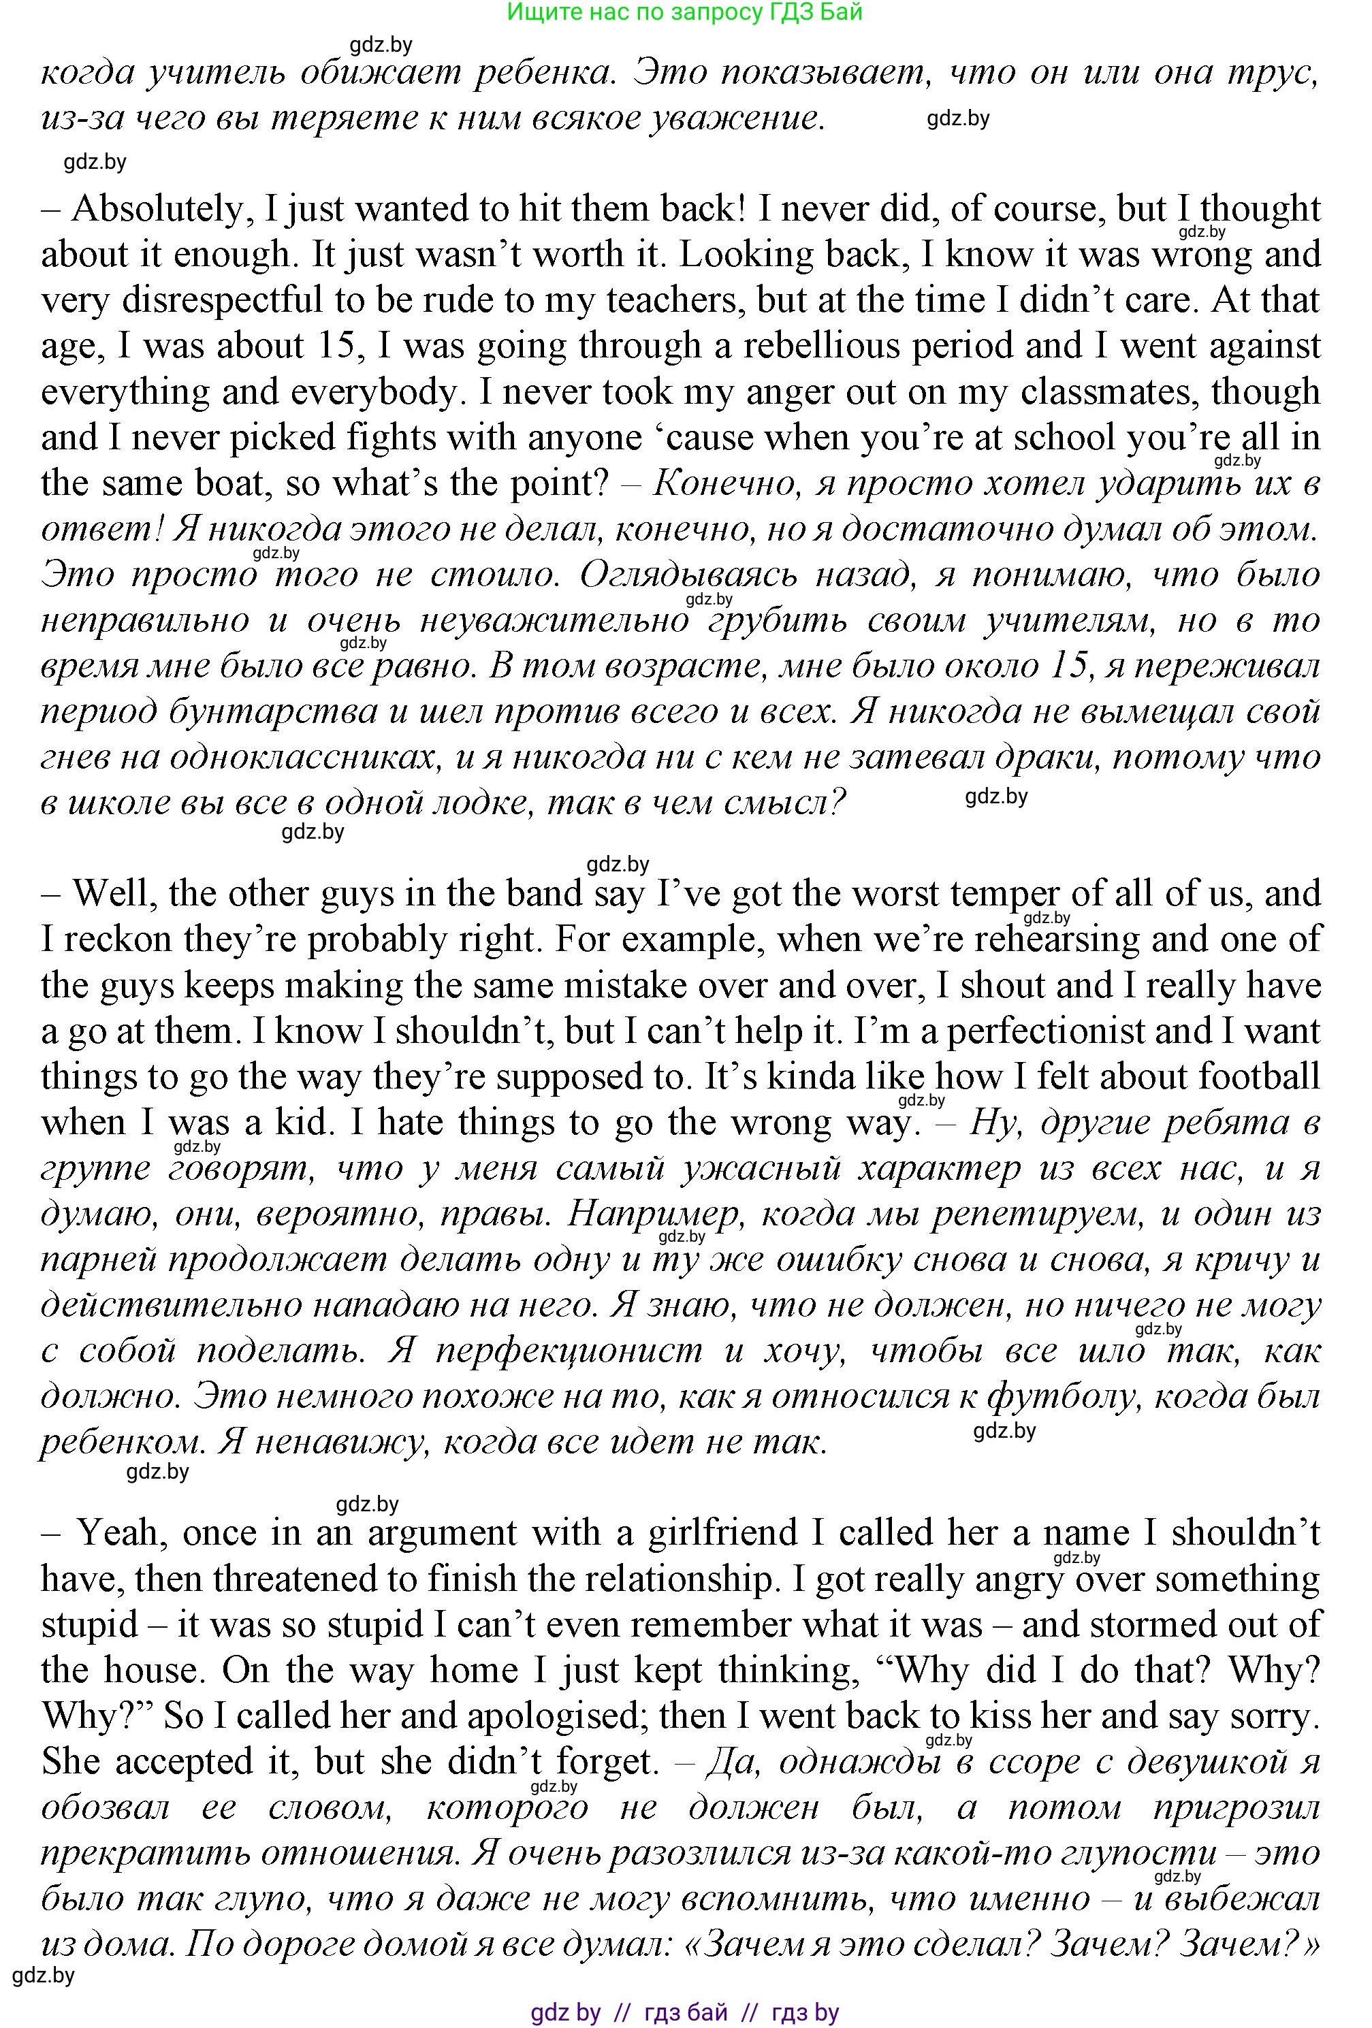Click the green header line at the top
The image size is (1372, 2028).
(x=684, y=12)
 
